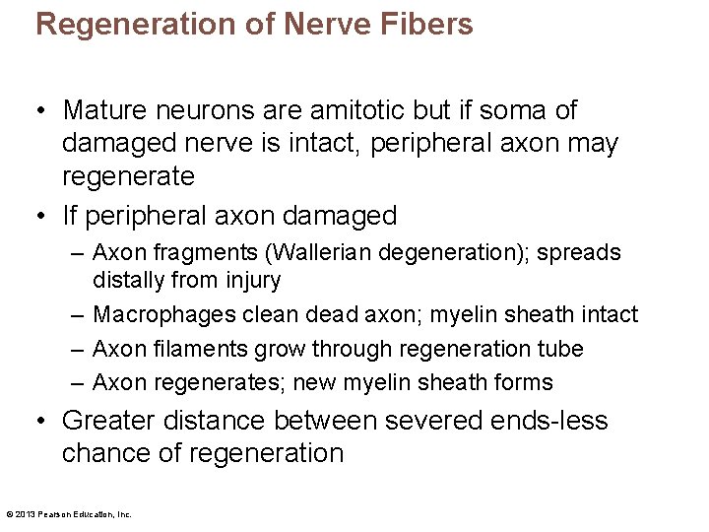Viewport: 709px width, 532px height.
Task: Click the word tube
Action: (562, 349)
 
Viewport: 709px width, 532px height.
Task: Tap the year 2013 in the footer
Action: (25, 513)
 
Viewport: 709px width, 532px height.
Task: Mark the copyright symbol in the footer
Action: (9, 513)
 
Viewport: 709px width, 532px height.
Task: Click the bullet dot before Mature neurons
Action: (42, 111)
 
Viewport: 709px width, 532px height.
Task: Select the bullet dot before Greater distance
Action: (42, 422)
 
